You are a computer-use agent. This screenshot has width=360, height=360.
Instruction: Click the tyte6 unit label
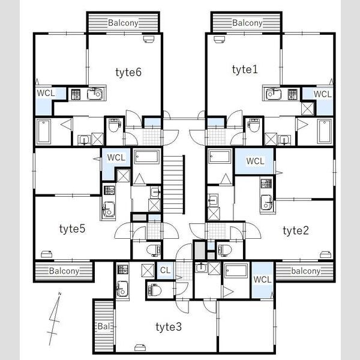[x=128, y=73]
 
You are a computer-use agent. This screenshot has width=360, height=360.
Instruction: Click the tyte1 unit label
[x=245, y=70]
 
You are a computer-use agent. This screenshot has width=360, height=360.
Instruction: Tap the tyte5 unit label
[x=73, y=229]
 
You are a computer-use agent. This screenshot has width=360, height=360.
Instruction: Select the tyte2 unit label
[x=296, y=231]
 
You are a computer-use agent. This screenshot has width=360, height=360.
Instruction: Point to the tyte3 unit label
[x=169, y=327]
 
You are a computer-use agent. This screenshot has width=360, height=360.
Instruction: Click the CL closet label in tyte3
[x=166, y=270]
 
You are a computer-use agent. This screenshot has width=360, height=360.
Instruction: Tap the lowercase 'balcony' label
[x=306, y=271]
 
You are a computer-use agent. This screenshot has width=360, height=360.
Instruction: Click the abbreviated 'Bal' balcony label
[x=103, y=326]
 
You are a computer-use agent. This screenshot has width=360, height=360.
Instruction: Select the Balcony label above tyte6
[x=123, y=23]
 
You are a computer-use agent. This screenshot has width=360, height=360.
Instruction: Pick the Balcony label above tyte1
[x=247, y=23]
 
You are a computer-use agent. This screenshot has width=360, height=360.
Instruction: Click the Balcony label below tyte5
[x=64, y=271]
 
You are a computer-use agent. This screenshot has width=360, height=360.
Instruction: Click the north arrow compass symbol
[x=54, y=319]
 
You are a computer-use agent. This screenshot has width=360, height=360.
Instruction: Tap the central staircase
[x=174, y=185]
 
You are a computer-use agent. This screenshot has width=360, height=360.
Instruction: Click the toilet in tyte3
[x=155, y=290]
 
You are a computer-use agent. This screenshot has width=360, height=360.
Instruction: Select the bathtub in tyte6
[x=43, y=131]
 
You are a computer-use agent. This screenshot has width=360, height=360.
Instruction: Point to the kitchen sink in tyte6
[x=95, y=94]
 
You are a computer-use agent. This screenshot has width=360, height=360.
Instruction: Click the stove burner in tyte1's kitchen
[x=293, y=94]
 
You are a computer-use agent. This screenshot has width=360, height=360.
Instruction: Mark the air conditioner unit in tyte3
[x=140, y=348]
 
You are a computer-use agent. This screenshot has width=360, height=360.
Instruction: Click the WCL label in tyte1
[x=323, y=94]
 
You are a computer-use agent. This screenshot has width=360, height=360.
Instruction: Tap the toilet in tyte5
[x=154, y=250]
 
